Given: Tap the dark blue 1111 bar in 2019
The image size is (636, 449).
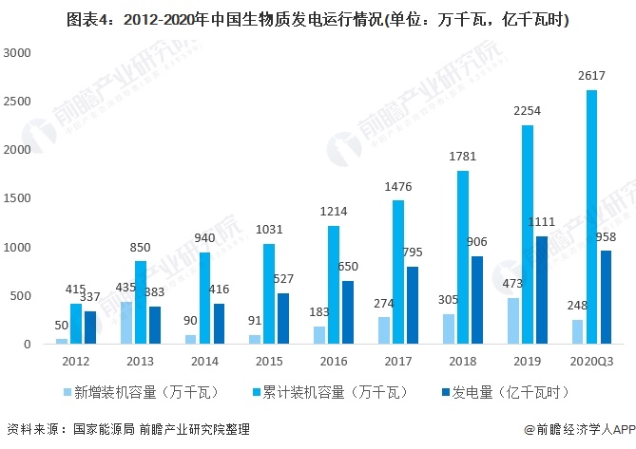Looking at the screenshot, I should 543,290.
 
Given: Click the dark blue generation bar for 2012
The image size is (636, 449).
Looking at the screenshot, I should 90,327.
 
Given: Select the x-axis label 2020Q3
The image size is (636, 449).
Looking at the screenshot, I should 591,360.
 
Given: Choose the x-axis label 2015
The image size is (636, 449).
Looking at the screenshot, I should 269,360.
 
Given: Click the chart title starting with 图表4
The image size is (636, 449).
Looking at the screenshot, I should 318,18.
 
